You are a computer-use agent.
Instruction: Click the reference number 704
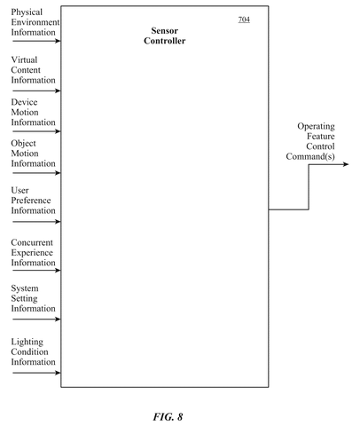pos(244,20)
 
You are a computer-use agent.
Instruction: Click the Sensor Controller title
pos(165,35)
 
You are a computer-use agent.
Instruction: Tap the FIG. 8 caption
pos(168,416)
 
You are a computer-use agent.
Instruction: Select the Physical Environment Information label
pos(35,22)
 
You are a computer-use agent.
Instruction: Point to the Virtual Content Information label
pos(33,70)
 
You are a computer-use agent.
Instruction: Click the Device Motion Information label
pos(33,112)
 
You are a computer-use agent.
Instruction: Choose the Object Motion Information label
pos(33,154)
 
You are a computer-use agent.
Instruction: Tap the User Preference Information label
pos(33,201)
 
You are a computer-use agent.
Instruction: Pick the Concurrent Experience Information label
pos(33,252)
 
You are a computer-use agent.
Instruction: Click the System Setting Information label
pos(33,298)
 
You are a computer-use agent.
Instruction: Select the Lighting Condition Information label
pos(33,351)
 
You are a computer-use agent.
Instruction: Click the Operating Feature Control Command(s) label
pos(310,141)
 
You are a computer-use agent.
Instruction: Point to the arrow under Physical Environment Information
pos(36,41)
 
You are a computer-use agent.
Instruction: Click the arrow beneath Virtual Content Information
pos(36,91)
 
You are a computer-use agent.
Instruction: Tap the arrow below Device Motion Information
pos(36,131)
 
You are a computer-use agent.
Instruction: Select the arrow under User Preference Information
pos(36,221)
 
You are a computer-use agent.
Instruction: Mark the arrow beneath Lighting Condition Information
pos(36,373)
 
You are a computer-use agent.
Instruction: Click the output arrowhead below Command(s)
pos(346,164)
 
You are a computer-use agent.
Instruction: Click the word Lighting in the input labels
pos(27,342)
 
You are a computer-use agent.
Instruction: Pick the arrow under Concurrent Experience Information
pos(36,270)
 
